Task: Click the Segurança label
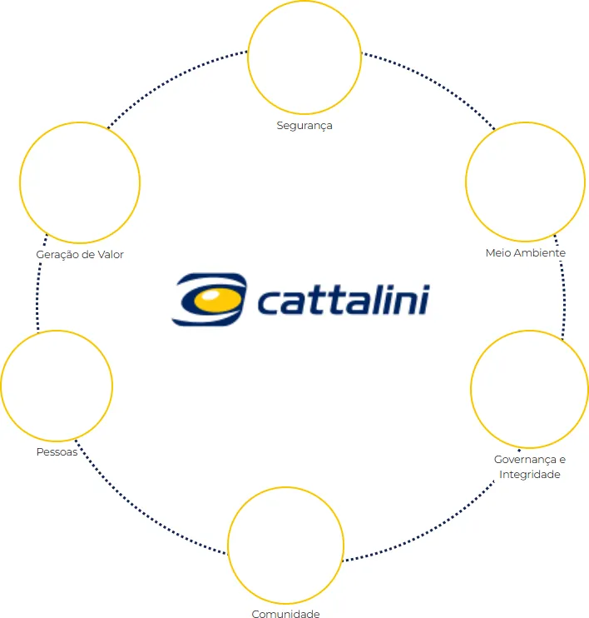tap(304, 126)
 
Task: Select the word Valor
tap(111, 255)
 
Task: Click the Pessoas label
tap(57, 451)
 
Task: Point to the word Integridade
tap(530, 475)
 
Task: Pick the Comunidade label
tap(285, 613)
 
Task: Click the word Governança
tap(525, 460)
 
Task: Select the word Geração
tap(57, 255)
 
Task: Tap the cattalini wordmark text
tap(344, 300)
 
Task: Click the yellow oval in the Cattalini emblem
tap(217, 301)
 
